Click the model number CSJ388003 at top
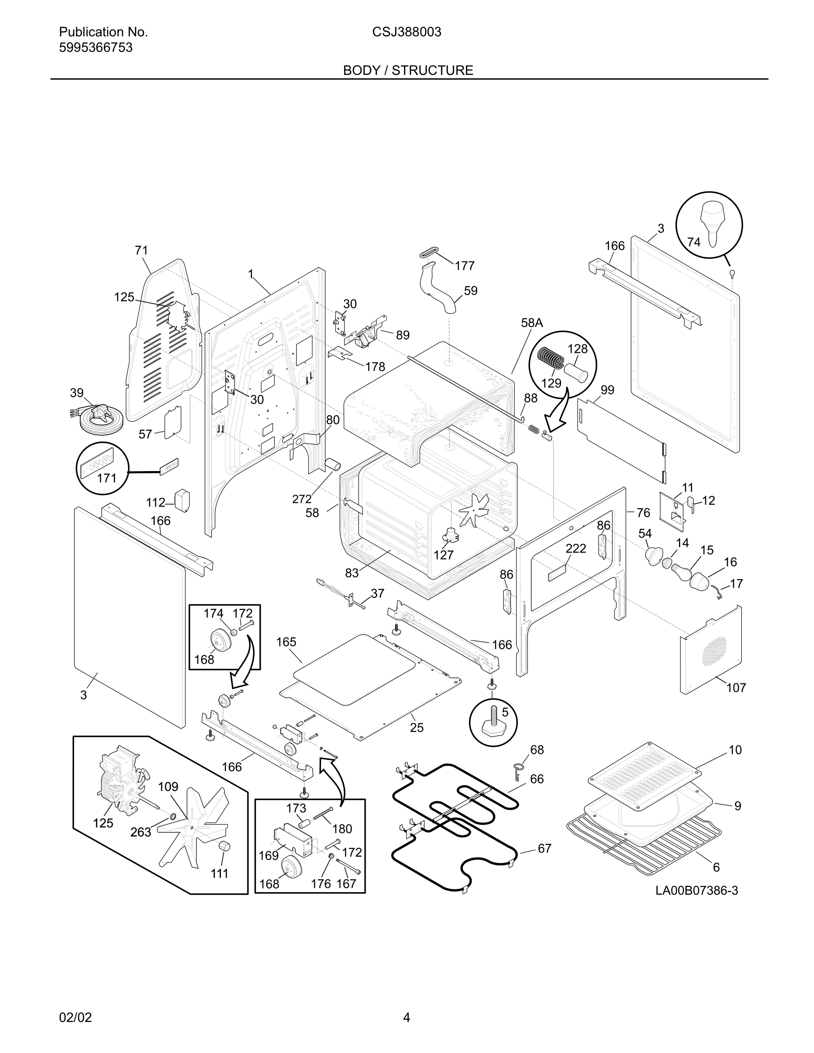[x=407, y=32]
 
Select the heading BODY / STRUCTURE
[x=407, y=70]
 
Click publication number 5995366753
[x=95, y=47]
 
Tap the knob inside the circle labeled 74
[x=710, y=220]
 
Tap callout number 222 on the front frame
[x=576, y=548]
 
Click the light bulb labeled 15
[x=683, y=571]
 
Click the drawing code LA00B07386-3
[x=697, y=890]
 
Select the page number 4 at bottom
[x=407, y=1018]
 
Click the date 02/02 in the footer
[x=75, y=1018]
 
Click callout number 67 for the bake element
[x=544, y=849]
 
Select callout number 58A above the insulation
[x=532, y=323]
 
